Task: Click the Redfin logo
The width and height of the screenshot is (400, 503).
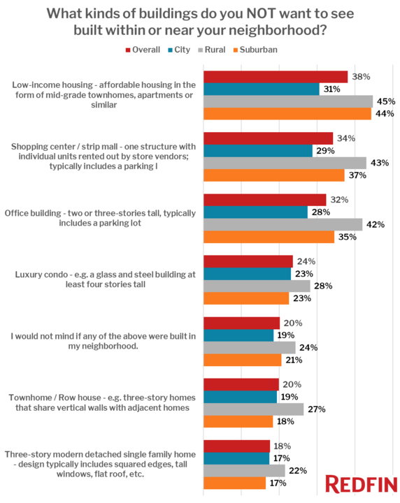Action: click(360, 484)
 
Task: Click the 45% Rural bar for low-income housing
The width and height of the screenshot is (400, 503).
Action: click(287, 101)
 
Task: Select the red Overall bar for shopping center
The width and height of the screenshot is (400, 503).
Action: click(268, 138)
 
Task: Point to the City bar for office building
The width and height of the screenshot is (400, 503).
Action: click(255, 212)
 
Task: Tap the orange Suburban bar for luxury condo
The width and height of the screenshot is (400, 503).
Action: click(246, 298)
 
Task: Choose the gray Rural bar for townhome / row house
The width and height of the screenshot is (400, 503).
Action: click(253, 409)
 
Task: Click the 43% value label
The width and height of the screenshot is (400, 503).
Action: click(380, 163)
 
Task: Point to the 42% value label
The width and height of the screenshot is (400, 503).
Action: click(376, 224)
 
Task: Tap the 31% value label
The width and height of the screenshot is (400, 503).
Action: click(331, 89)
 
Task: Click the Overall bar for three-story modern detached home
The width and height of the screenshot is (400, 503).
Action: click(236, 446)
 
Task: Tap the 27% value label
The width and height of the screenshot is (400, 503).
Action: click(317, 409)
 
